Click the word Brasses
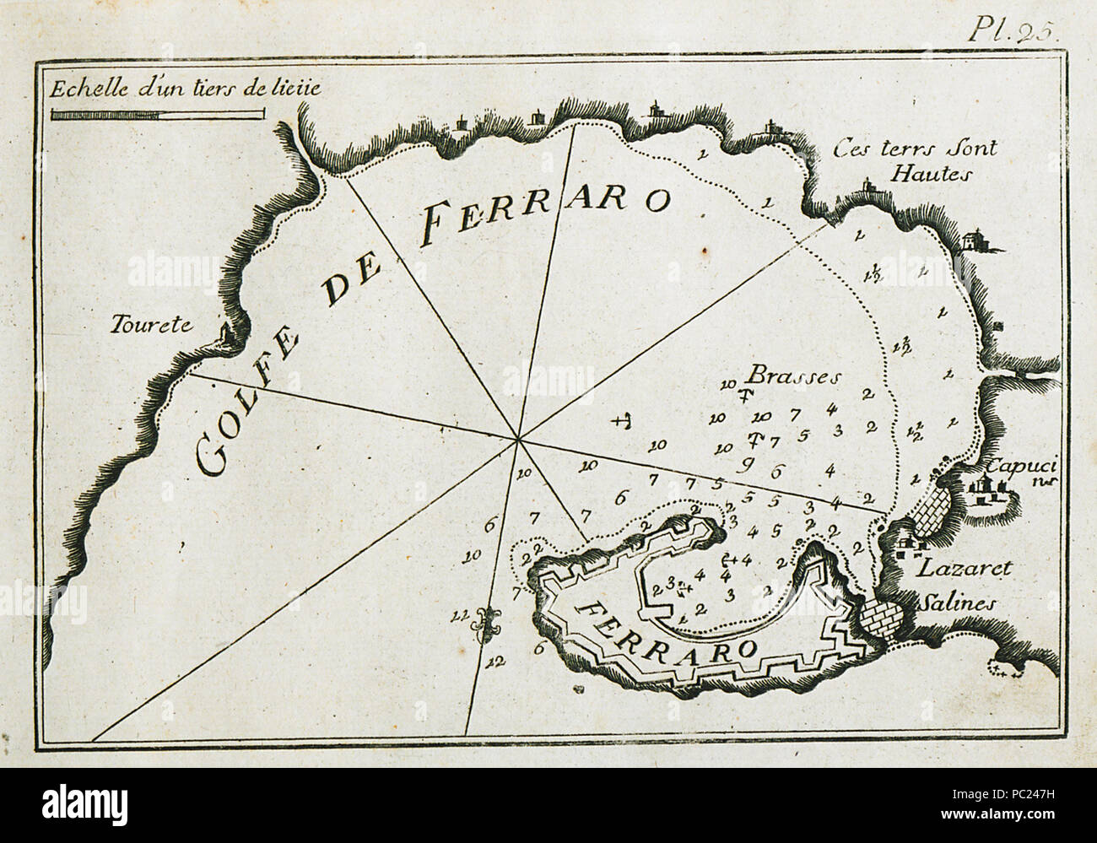pos(781,376)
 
